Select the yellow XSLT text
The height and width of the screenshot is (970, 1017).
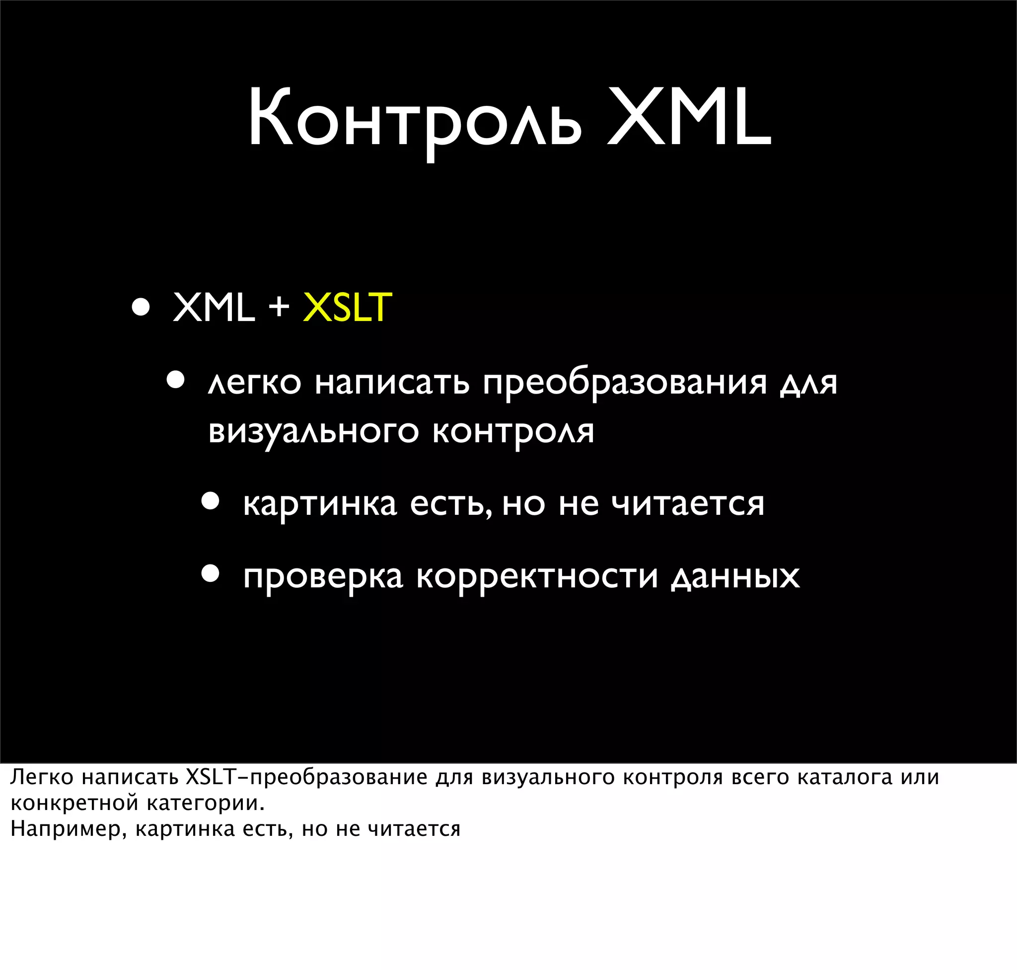point(347,307)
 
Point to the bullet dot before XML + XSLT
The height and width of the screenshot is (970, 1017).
point(141,307)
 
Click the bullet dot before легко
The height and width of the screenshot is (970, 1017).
point(176,380)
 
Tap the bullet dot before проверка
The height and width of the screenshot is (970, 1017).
point(211,574)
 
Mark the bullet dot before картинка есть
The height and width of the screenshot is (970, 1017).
point(211,501)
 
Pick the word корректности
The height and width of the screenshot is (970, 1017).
point(537,576)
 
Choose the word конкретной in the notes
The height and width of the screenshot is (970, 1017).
point(73,803)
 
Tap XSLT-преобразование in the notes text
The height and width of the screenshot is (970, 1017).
point(306,777)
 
